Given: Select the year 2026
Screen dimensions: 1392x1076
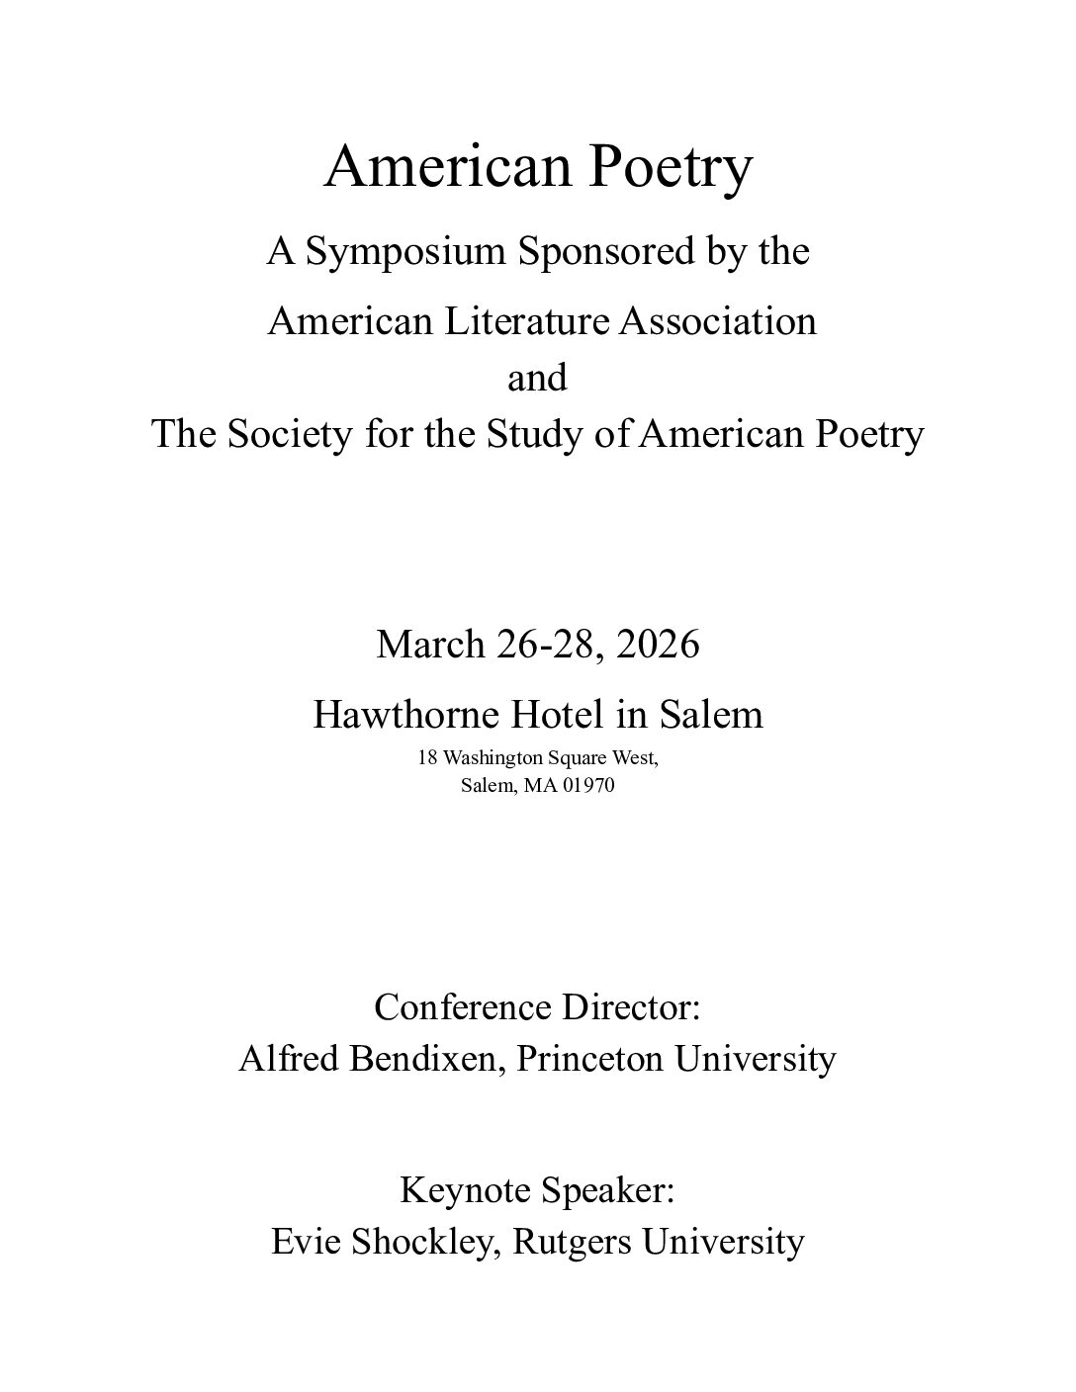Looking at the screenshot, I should [657, 644].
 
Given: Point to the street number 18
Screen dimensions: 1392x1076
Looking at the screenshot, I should [427, 758].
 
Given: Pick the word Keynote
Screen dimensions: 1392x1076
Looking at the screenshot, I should [458, 1188].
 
